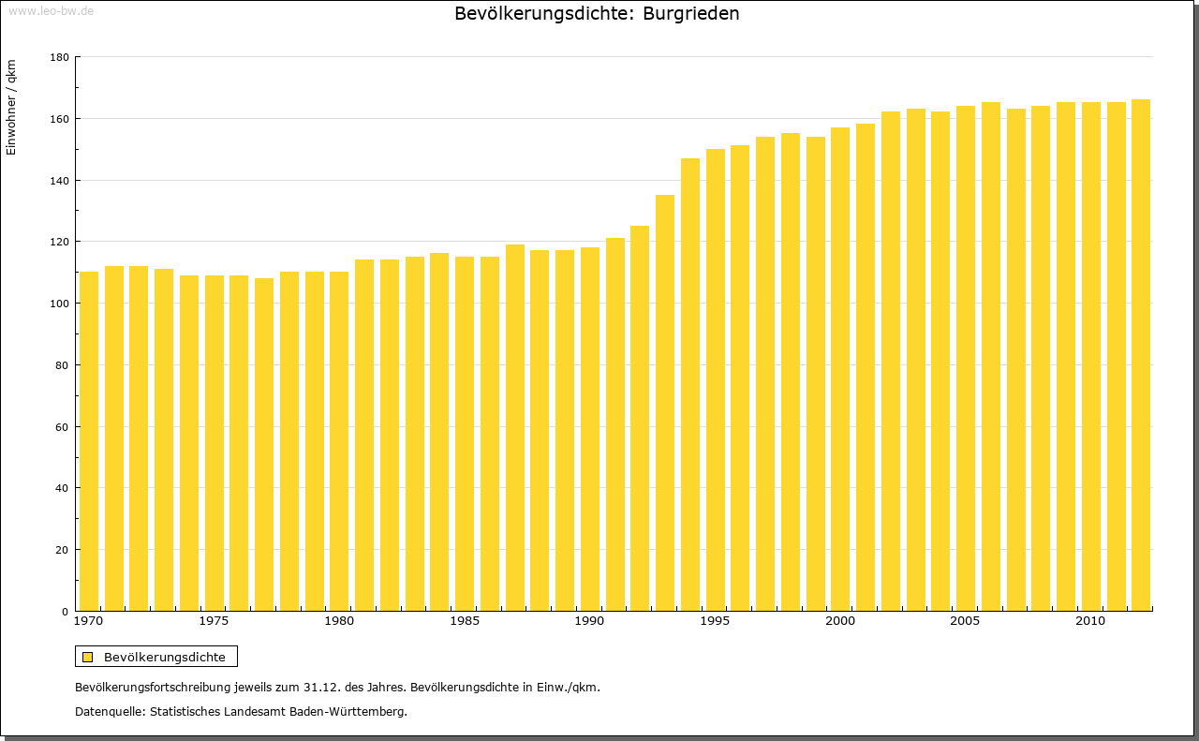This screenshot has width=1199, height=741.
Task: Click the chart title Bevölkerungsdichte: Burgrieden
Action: point(597,14)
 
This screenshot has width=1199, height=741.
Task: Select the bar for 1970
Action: point(89,440)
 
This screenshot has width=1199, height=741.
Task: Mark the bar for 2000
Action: point(840,369)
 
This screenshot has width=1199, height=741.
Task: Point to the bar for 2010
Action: point(1091,356)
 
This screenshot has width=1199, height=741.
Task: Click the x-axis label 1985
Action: point(465,621)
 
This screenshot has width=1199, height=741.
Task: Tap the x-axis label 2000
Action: point(840,621)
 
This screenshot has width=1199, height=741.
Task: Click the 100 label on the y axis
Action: point(59,304)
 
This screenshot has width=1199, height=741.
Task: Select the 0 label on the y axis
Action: point(65,612)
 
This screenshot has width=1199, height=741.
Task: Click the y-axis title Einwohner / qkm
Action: point(11,108)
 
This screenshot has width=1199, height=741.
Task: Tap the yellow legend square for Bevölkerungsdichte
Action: point(88,657)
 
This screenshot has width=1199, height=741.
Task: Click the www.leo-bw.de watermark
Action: point(51,10)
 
